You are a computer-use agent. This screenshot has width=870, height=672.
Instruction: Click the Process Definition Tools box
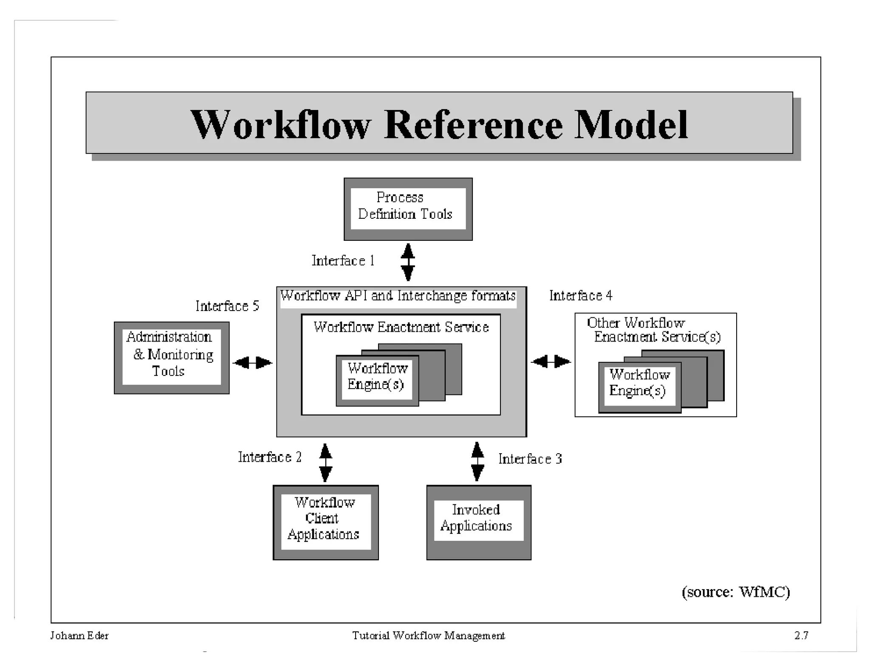coord(408,209)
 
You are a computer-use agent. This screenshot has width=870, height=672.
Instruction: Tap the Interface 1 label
coord(343,260)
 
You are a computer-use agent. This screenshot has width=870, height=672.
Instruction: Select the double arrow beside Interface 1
coord(408,262)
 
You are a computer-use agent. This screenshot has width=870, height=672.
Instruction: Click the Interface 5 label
coord(227,306)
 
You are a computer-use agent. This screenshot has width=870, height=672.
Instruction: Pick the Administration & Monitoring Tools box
coord(172,357)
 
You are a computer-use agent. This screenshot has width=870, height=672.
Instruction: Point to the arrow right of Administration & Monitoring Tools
coord(253,362)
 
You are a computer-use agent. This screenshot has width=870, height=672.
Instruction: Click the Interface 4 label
coord(581,295)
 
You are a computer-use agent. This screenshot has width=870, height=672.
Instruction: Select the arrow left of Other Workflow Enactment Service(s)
coord(551,361)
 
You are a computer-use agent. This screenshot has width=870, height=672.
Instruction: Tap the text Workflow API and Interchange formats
coord(398,296)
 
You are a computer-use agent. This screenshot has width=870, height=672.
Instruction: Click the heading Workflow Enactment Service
coord(401,327)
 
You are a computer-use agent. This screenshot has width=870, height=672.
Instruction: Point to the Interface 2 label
coord(270,457)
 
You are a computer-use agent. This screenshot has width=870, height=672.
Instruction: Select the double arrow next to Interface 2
coord(325,463)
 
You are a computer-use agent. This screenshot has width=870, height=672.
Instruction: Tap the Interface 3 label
coord(530,459)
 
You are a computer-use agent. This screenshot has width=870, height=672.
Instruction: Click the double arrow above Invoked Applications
coord(477,461)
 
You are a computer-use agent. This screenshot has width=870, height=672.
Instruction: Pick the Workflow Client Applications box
coord(325,522)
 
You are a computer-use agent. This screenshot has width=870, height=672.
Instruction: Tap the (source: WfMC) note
coord(736,592)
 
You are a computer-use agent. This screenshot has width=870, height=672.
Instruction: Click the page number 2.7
coord(801,635)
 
